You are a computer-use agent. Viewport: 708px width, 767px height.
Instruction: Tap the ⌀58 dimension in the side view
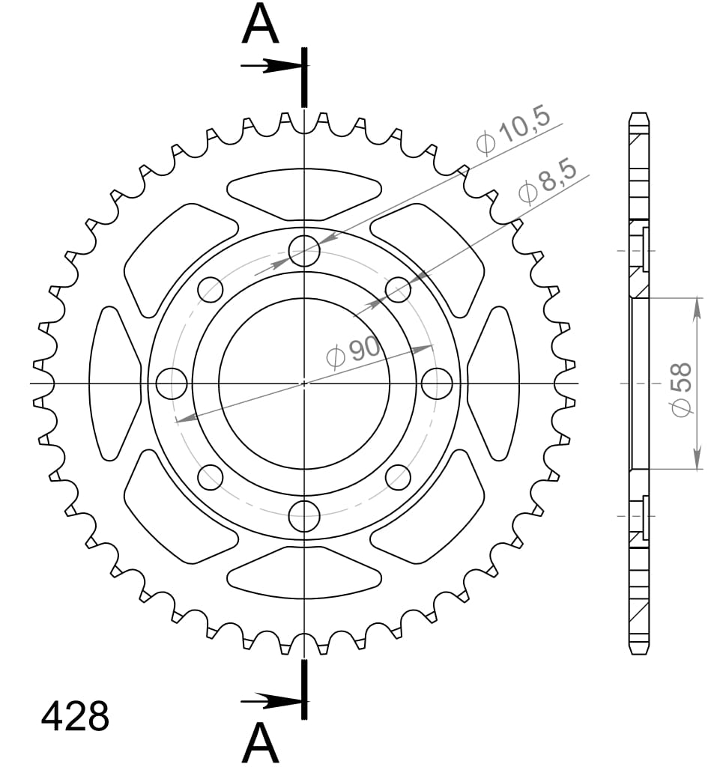(x=680, y=389)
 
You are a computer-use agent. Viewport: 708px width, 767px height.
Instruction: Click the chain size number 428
(x=75, y=717)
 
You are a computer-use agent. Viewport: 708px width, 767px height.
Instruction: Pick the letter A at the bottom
(x=260, y=744)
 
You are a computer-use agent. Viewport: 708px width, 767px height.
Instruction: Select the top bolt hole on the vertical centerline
(x=304, y=250)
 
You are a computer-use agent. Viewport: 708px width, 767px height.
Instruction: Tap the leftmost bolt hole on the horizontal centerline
(x=172, y=383)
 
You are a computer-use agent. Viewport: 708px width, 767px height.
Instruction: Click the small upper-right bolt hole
(x=398, y=288)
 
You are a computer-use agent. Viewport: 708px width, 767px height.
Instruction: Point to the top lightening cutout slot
(x=304, y=192)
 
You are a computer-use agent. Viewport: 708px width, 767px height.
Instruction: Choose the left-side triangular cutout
(x=114, y=383)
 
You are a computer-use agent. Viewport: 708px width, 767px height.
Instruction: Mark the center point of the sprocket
(x=304, y=383)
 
